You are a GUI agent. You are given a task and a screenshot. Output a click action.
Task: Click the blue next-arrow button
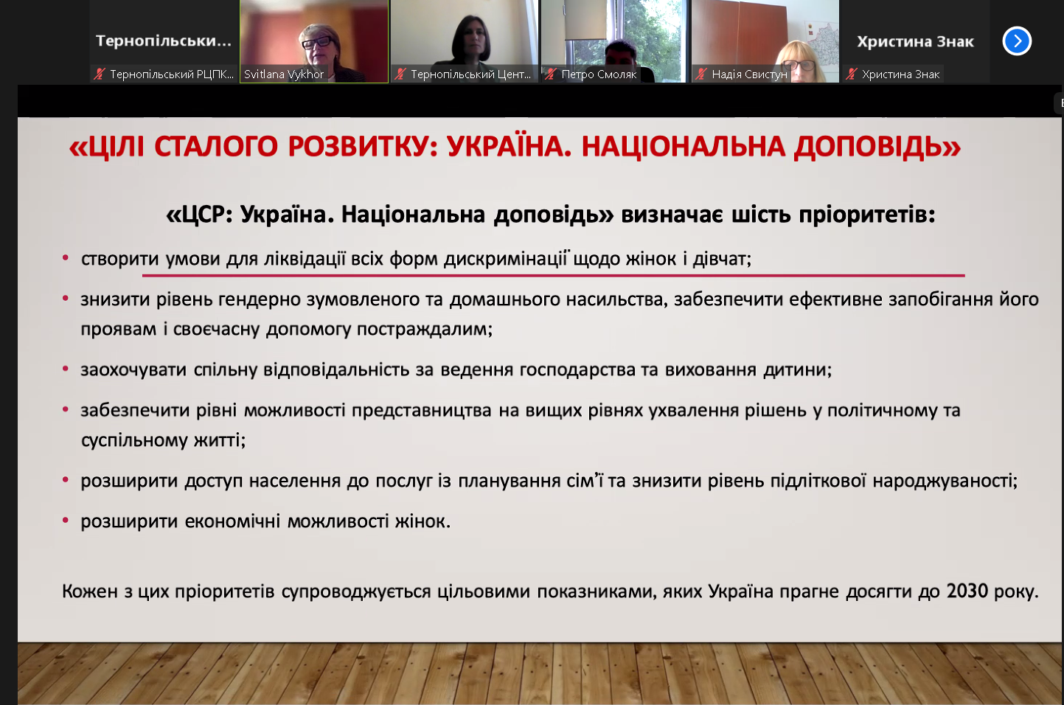(x=1017, y=41)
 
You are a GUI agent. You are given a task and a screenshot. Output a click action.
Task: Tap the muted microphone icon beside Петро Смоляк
(x=551, y=74)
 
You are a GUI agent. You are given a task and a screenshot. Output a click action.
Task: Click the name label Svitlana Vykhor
(x=284, y=74)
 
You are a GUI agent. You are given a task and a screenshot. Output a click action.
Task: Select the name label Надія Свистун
(x=749, y=74)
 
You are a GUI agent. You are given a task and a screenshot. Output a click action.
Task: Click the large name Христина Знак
(x=915, y=42)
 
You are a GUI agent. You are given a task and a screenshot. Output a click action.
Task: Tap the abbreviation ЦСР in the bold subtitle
(x=203, y=215)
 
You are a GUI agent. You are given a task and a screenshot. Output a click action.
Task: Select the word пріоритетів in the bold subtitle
(x=866, y=215)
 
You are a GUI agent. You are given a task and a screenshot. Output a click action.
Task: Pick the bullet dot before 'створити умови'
(x=66, y=258)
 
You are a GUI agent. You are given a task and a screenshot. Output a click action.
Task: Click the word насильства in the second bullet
(x=617, y=299)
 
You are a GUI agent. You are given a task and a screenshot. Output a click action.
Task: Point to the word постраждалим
(x=425, y=329)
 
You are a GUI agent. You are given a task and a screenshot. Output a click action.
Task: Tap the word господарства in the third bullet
(x=577, y=369)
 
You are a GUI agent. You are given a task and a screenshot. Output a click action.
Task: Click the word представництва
(x=421, y=411)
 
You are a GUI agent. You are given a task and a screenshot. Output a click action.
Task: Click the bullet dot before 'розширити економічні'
(x=66, y=521)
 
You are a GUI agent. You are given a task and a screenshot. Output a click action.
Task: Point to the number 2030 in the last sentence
(x=967, y=591)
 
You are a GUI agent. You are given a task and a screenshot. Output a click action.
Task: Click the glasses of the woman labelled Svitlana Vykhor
(x=317, y=42)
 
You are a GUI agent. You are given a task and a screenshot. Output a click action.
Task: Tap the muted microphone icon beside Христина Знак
(x=851, y=74)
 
